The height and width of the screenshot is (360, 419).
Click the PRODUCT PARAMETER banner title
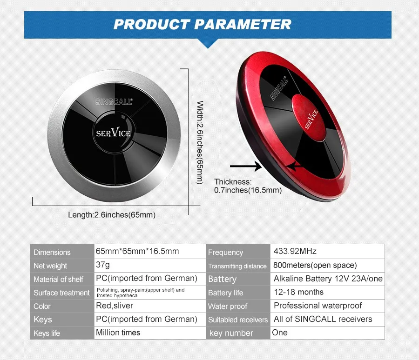[203, 24]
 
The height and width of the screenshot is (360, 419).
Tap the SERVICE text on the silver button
[114, 133]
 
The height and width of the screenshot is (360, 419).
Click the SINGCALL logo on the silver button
[114, 101]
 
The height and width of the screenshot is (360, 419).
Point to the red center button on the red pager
[309, 118]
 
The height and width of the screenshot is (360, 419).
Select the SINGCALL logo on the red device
[279, 88]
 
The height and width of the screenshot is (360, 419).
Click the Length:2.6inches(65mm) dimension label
[112, 215]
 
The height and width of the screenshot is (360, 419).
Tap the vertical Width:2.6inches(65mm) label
[200, 142]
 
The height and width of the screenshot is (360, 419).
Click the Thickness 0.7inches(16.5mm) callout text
[248, 186]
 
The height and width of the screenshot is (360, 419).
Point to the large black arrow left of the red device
[245, 166]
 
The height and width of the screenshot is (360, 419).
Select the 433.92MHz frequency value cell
[295, 251]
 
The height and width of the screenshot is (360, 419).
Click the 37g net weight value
[103, 265]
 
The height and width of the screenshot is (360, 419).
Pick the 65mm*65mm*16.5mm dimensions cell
[137, 251]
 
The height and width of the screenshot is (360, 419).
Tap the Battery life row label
[225, 293]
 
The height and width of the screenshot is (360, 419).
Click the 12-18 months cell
[298, 292]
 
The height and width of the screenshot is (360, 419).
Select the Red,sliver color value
[115, 306]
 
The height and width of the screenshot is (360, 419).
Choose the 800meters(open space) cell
[315, 265]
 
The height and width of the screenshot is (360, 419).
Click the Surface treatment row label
[61, 293]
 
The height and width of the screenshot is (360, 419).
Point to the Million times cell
[118, 333]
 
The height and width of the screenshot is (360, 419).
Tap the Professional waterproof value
[318, 306]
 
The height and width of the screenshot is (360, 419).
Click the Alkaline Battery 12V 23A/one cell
[328, 279]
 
